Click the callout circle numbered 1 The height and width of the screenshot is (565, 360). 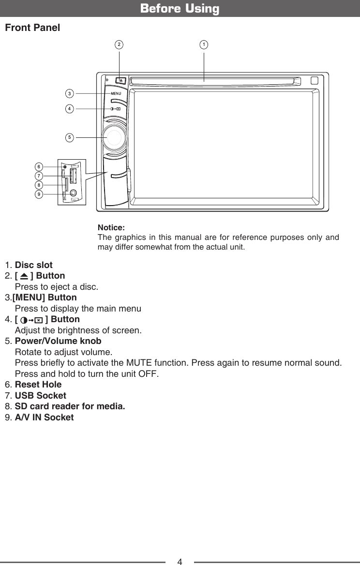204,45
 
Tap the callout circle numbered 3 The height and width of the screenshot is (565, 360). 70,93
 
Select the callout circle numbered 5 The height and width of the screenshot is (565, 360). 70,137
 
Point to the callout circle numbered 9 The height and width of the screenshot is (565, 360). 39,194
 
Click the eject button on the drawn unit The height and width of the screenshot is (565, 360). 121,81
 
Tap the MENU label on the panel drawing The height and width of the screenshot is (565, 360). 116,93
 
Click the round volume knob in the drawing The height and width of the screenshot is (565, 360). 115,138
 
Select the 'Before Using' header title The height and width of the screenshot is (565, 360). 180,9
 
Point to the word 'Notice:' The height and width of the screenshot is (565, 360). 111,227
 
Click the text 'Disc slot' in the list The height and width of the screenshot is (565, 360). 34,266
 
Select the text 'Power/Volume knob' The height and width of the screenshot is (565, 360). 58,341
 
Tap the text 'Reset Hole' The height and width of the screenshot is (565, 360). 38,385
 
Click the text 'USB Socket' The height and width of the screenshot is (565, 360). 41,396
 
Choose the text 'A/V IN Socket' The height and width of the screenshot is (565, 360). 45,417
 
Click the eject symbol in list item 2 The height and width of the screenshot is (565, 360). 23,277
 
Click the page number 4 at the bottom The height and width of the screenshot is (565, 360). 180,562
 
